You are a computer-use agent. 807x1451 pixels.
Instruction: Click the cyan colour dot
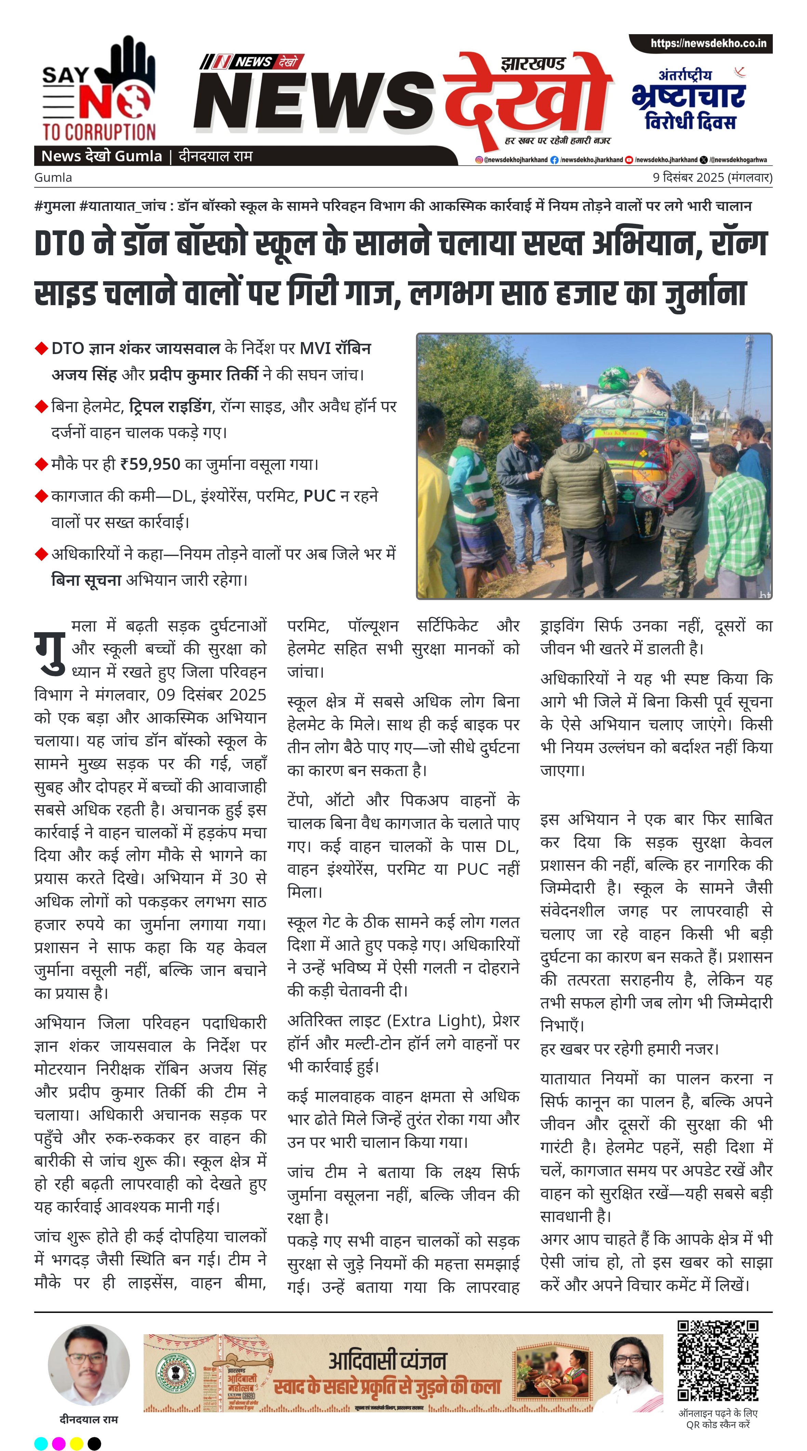(41, 1443)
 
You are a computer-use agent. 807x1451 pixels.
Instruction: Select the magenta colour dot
(58, 1443)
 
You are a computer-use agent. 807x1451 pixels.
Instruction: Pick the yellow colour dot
(77, 1443)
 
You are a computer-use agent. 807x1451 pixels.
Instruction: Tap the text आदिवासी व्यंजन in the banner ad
(388, 1360)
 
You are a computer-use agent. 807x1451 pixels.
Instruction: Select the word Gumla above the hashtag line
(53, 177)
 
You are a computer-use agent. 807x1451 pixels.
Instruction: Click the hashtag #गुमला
(55, 206)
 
